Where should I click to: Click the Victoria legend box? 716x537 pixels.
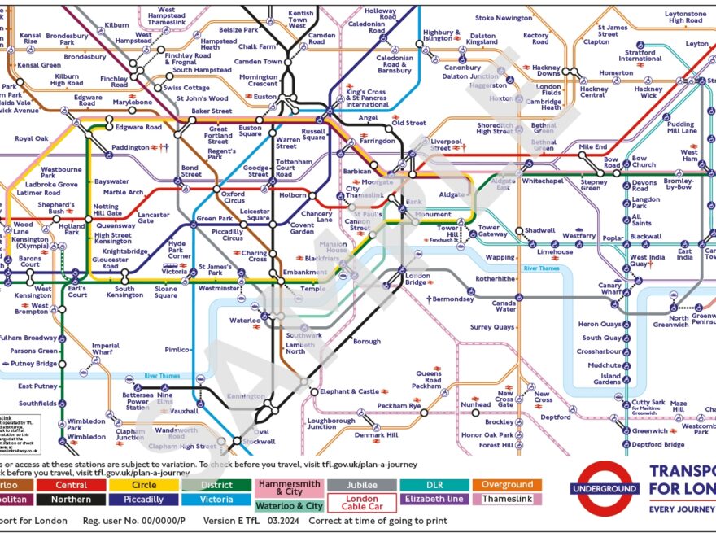[217, 500]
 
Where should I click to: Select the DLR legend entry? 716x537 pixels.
[434, 485]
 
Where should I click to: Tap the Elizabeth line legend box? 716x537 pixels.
[434, 500]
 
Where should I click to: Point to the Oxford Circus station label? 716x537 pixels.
[234, 198]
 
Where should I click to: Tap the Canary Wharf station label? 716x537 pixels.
[610, 289]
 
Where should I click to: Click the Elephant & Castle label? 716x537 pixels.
[350, 392]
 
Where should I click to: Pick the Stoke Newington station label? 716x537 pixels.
[504, 18]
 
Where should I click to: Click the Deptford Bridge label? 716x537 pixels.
[658, 444]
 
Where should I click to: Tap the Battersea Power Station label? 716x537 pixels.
[138, 401]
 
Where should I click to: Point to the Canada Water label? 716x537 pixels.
[504, 305]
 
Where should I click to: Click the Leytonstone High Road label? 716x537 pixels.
[685, 17]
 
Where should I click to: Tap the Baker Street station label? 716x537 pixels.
[212, 111]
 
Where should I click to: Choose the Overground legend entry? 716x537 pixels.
[507, 485]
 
